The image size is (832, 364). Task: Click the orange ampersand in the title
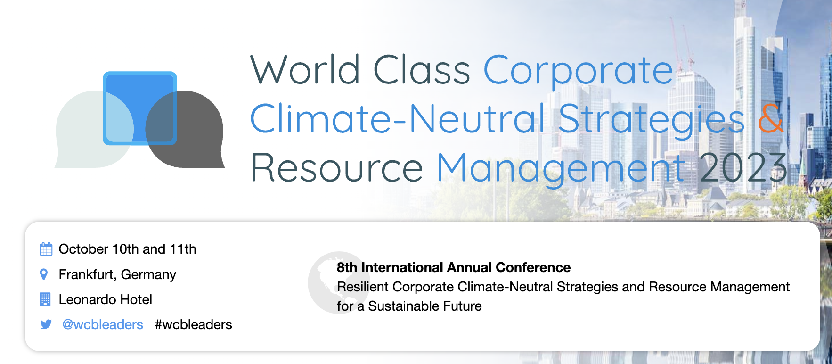click(x=771, y=117)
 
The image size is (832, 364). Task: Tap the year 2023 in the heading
click(x=743, y=167)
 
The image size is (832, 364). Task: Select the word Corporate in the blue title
click(x=579, y=71)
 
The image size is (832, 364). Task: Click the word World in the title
click(x=305, y=69)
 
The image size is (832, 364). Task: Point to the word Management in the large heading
click(x=561, y=169)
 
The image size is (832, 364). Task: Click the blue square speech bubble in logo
click(x=140, y=108)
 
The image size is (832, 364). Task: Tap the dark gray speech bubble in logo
click(x=185, y=129)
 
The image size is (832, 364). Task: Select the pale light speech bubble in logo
click(x=94, y=129)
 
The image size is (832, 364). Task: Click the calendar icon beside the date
click(x=46, y=248)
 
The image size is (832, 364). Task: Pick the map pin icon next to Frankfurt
click(x=44, y=274)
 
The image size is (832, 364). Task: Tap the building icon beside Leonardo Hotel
click(x=45, y=299)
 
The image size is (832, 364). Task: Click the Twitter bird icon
click(x=46, y=324)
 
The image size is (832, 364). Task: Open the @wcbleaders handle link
click(x=103, y=324)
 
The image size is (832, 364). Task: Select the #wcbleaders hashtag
click(x=193, y=324)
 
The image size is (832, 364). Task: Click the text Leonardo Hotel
click(x=106, y=299)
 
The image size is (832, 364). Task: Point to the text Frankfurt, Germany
click(x=117, y=274)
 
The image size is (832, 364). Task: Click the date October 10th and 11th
click(x=127, y=249)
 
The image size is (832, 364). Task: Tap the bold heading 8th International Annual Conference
click(x=454, y=267)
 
